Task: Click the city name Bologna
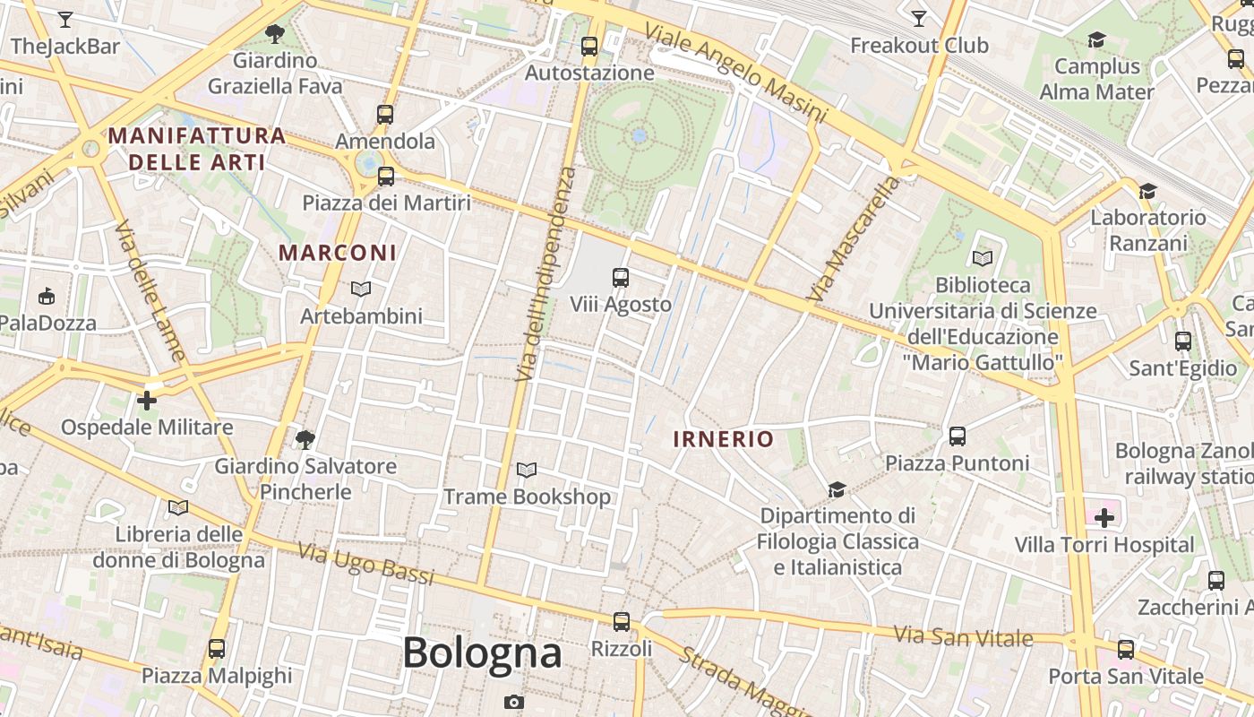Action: click(482, 652)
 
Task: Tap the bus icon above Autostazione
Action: click(588, 47)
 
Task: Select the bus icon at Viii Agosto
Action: click(620, 278)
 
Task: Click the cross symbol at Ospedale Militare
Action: click(147, 400)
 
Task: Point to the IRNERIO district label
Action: click(723, 439)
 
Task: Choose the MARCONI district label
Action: click(337, 253)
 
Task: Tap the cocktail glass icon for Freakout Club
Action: click(918, 19)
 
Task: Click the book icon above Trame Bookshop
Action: click(527, 470)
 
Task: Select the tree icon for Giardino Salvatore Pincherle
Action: click(305, 439)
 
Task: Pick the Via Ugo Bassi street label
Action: click(365, 563)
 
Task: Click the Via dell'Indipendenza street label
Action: click(545, 273)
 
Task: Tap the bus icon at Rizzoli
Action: click(621, 621)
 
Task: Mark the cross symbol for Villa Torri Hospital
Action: click(1104, 517)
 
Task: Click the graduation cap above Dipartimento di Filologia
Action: click(837, 489)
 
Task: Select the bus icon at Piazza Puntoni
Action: click(957, 436)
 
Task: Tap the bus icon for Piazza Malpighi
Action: click(216, 648)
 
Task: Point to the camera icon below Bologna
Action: click(513, 702)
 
